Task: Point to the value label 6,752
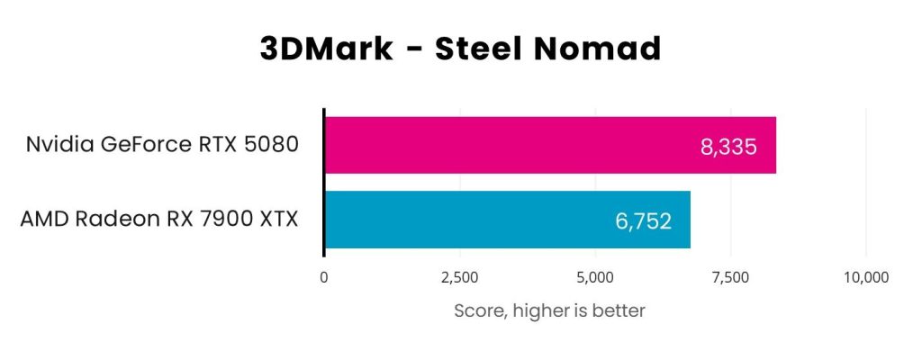tap(642, 220)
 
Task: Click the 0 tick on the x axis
tap(324, 277)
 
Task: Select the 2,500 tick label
tap(459, 277)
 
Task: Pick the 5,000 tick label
tap(595, 277)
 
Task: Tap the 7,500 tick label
tap(730, 277)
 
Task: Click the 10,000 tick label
tap(865, 277)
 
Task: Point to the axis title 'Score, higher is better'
tap(549, 311)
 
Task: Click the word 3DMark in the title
tap(327, 49)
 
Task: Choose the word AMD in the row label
tap(43, 220)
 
